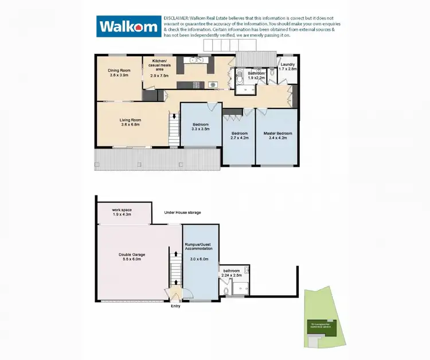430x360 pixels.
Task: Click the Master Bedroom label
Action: coord(277,134)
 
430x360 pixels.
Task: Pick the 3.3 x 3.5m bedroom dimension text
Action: coord(200,129)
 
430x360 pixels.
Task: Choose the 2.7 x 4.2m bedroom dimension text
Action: coord(239,138)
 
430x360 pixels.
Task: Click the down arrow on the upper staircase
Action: coord(174,116)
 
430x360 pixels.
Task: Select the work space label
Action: coord(122,210)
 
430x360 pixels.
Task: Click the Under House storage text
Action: coord(182,213)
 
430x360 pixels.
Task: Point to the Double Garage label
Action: coord(131,255)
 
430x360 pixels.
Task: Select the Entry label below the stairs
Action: coord(176,306)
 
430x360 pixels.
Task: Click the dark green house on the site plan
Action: coord(320,326)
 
